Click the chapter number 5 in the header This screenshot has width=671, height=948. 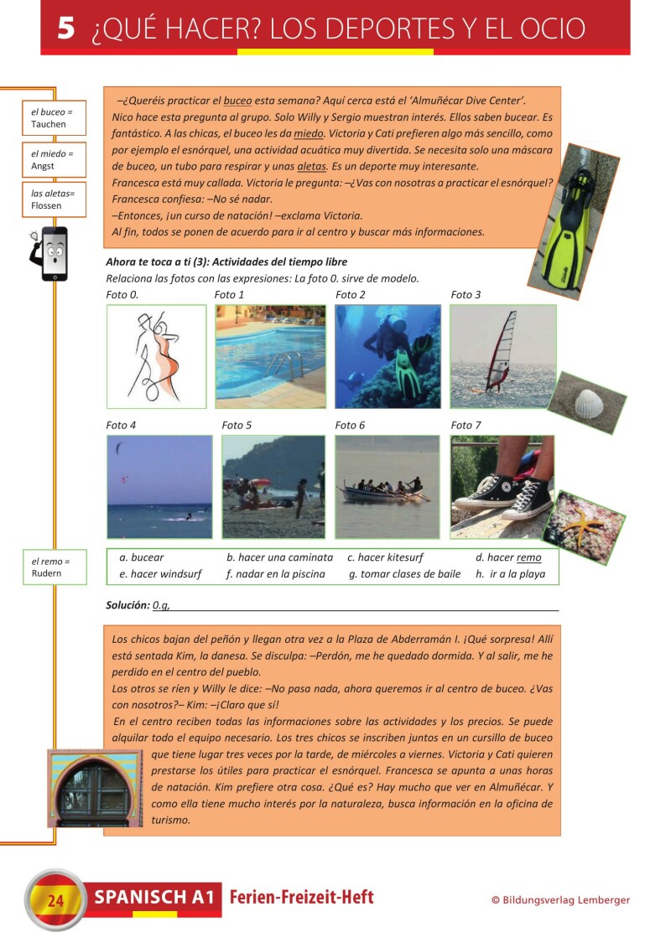(66, 28)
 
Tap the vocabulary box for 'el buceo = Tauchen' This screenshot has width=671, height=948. (55, 117)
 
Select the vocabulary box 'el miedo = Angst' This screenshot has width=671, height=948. (55, 159)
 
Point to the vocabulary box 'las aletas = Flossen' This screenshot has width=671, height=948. (55, 199)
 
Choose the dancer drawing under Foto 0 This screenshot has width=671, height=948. (156, 356)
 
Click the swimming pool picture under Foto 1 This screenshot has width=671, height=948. (270, 356)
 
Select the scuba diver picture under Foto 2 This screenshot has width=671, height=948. (388, 356)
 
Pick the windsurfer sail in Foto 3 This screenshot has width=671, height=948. (502, 352)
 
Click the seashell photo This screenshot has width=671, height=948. (586, 403)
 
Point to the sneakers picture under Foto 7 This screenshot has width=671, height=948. (502, 486)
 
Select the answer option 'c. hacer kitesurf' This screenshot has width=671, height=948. (385, 557)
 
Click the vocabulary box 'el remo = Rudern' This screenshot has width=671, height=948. (55, 567)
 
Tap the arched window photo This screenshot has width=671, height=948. (96, 789)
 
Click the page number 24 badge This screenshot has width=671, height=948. (56, 901)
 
